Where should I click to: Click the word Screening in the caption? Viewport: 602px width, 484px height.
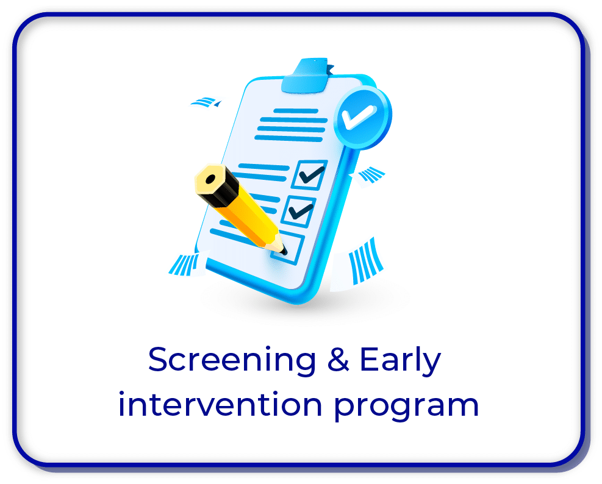point(232,360)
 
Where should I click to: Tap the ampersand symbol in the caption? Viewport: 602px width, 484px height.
point(339,359)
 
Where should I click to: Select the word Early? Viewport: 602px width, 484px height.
point(400,360)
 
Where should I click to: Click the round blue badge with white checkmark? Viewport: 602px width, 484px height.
point(362,116)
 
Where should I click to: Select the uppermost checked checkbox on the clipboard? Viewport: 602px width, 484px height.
point(309,174)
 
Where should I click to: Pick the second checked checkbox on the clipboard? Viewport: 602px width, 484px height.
point(299,210)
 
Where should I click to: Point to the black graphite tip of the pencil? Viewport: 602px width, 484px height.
point(284,251)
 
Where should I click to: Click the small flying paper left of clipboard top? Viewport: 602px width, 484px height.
point(206,102)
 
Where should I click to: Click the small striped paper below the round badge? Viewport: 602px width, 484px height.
point(367,177)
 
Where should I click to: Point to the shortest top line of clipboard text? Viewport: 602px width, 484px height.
point(296,112)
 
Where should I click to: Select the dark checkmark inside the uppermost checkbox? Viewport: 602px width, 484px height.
point(312,174)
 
